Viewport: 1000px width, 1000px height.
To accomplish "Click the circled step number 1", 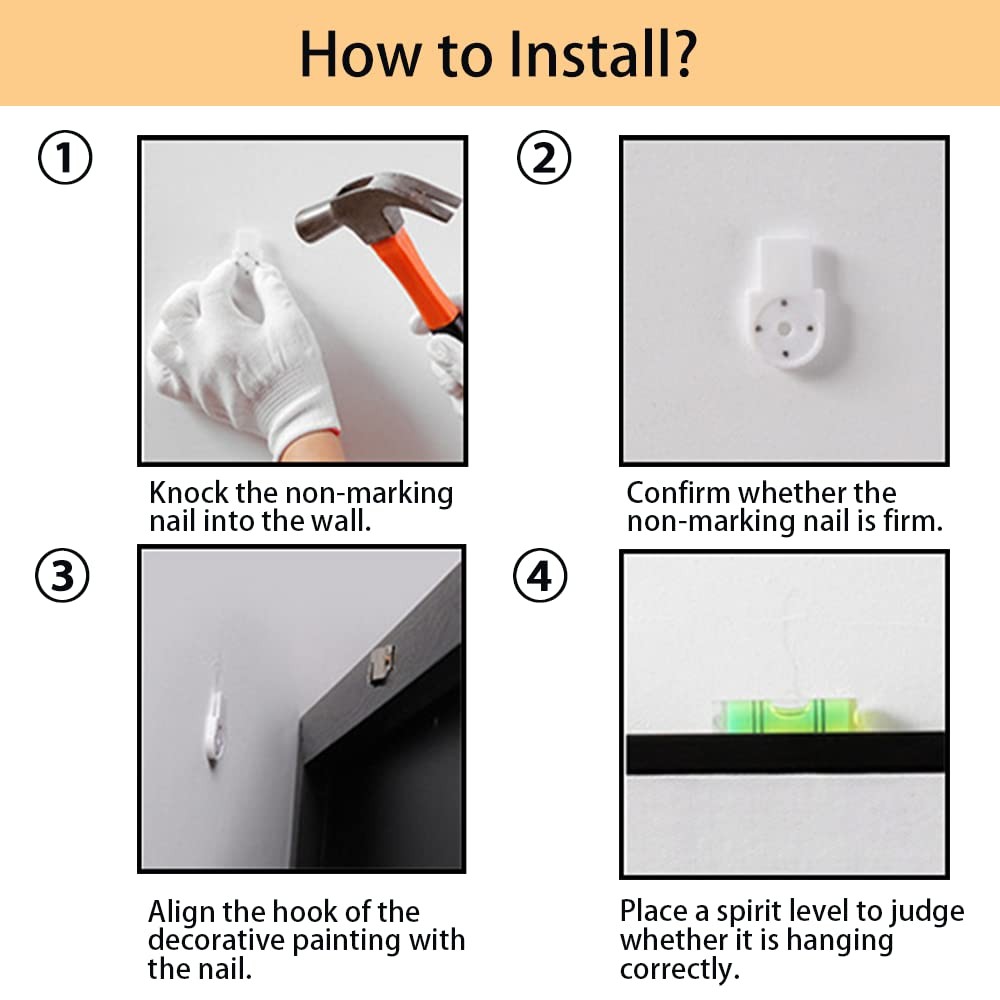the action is coord(65,158).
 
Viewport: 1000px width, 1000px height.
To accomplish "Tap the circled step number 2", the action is coord(543,158).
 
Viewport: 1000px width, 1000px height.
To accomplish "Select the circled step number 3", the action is coord(62,575).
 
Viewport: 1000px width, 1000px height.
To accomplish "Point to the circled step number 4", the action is coord(540,575).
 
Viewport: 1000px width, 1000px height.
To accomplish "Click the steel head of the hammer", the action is coord(376,208).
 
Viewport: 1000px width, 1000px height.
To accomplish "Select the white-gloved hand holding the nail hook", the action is coord(242,357).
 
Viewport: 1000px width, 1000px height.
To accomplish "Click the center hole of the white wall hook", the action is coord(784,329).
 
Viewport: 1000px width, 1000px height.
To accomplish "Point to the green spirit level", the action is coord(787,715).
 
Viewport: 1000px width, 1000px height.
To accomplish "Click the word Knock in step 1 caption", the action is coord(189,492).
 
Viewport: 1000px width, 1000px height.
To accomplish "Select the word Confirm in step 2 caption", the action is coord(679,492).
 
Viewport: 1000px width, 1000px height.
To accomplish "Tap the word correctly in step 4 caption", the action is coord(680,969).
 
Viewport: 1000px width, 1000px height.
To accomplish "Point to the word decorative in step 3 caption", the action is coord(216,940).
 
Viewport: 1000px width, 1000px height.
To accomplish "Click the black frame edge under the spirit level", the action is coord(785,754).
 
